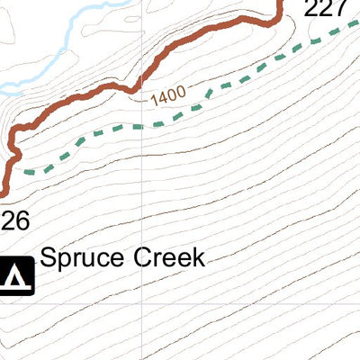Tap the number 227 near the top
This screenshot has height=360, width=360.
tap(324, 10)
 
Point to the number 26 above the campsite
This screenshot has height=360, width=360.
tap(15, 219)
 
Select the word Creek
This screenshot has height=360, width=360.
tap(171, 257)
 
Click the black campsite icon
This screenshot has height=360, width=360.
tap(16, 276)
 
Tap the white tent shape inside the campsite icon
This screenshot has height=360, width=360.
tap(16, 278)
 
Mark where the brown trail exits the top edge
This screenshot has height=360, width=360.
tap(278, 2)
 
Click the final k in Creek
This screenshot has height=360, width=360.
tap(199, 257)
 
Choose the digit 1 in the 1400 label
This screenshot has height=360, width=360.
tap(154, 95)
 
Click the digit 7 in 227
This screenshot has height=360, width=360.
tap(339, 10)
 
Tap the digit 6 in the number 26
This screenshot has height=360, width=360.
tap(22, 219)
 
